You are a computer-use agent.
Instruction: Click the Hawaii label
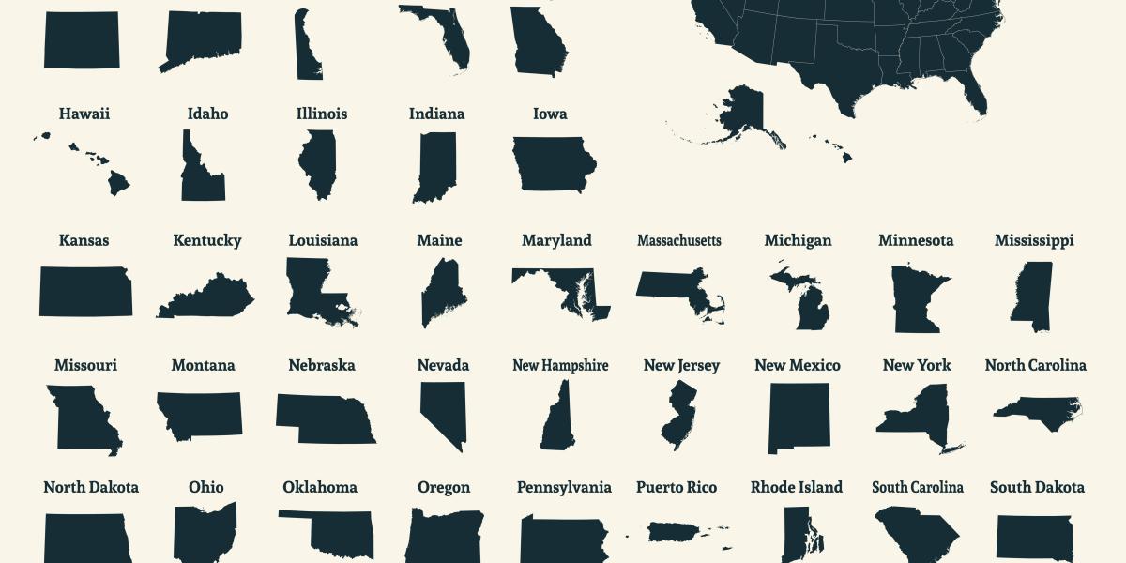point(84,114)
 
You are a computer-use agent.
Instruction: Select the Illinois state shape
point(317,164)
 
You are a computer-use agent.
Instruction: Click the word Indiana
point(436,114)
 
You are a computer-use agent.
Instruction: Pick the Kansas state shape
point(85,291)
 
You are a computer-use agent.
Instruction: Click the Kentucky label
point(207,240)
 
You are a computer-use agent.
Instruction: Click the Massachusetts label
point(679,240)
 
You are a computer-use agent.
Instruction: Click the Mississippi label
point(1034,240)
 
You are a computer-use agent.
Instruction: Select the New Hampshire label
point(560,365)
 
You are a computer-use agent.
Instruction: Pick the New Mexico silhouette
point(799,418)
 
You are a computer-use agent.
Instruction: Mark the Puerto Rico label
point(677,487)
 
